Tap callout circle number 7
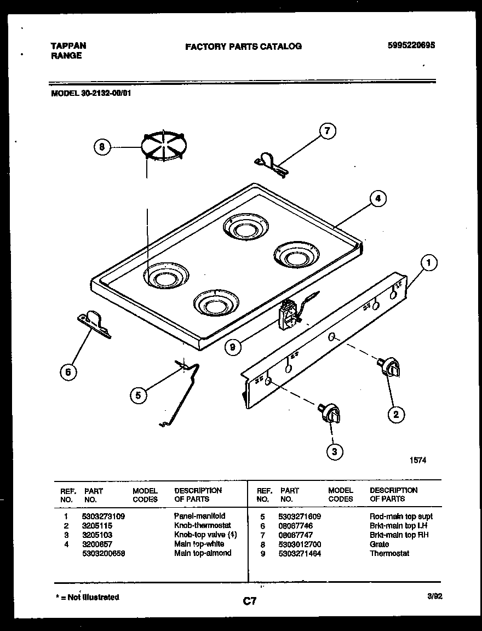(x=327, y=131)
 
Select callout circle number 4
(x=377, y=199)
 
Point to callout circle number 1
(x=429, y=263)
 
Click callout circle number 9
(x=233, y=346)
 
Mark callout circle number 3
(x=335, y=451)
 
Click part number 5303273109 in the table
(x=103, y=517)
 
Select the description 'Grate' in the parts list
(x=379, y=544)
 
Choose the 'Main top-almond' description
(x=203, y=553)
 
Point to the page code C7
(x=250, y=602)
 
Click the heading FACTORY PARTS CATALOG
(x=243, y=47)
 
